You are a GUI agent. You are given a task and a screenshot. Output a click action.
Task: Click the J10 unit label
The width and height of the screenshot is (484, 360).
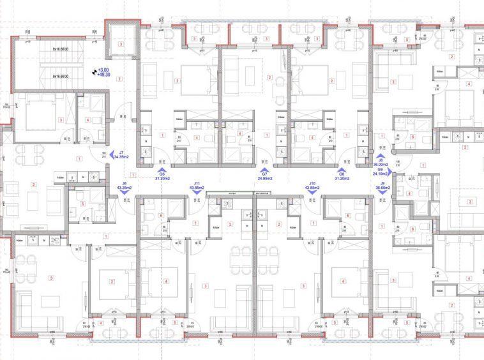point(312,185)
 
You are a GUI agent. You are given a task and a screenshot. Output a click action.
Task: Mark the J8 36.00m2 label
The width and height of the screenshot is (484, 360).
point(381,163)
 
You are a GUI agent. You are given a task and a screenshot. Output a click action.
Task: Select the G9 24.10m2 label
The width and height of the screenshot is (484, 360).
point(381,172)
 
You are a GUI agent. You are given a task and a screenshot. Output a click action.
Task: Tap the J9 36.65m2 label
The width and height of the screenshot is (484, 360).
point(383,185)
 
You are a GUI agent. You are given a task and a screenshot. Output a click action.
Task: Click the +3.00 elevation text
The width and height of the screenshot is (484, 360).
point(103,70)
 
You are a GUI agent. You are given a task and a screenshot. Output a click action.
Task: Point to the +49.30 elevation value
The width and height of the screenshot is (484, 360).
point(103,75)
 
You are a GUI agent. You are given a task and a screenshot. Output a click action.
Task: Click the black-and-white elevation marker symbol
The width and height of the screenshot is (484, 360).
point(95,72)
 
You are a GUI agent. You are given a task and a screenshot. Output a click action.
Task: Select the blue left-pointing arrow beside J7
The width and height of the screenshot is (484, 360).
point(112,154)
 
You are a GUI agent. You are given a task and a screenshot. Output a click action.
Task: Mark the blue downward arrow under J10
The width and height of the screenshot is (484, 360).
point(312,193)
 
